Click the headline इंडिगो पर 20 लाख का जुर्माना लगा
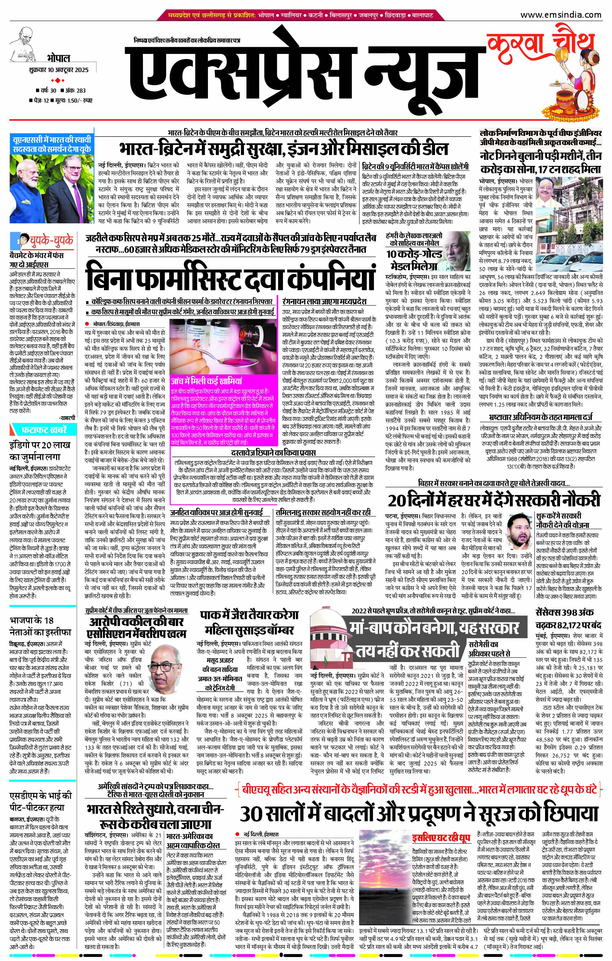pyautogui.click(x=40, y=451)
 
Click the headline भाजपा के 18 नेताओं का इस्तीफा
pyautogui.click(x=40, y=627)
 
